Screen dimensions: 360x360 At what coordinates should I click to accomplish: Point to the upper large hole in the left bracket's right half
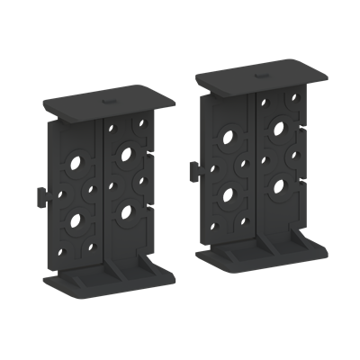pyautogui.click(x=129, y=152)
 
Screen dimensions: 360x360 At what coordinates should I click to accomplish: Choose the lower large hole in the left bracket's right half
pyautogui.click(x=126, y=212)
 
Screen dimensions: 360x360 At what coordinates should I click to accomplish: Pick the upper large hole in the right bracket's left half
pyautogui.click(x=229, y=139)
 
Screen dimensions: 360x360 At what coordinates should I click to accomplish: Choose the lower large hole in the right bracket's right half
pyautogui.click(x=280, y=187)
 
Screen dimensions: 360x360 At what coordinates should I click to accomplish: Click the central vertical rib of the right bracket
pyautogui.click(x=256, y=171)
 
